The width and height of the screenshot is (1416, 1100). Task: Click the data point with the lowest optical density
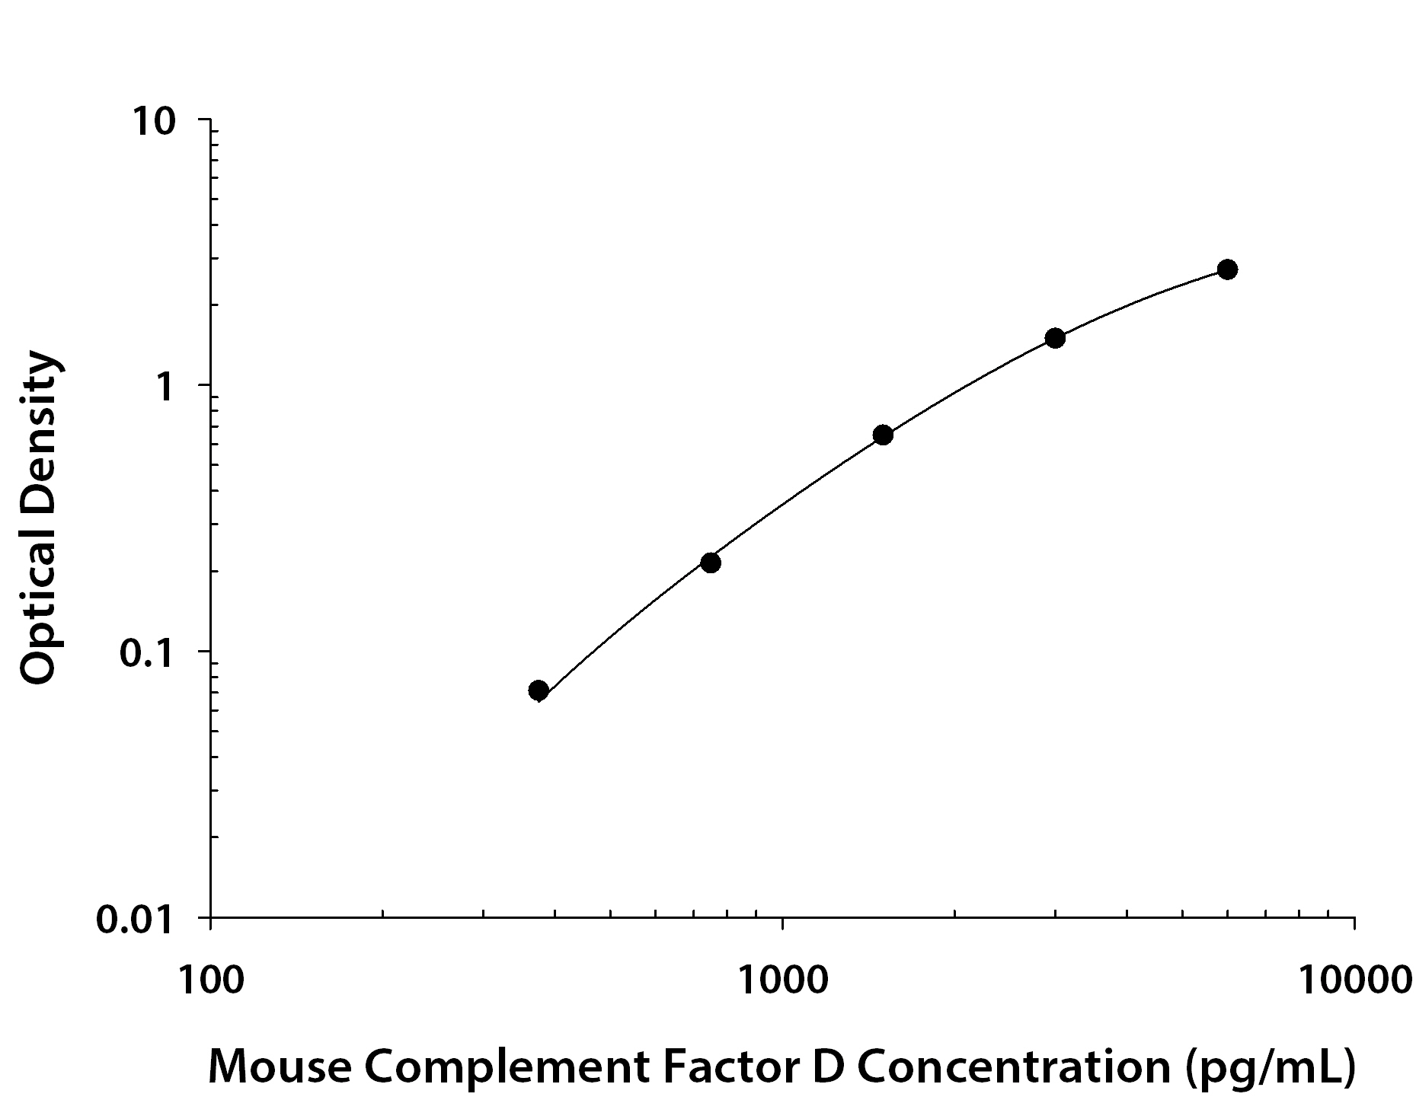[x=539, y=690]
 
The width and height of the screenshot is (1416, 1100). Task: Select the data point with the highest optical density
[x=1227, y=269]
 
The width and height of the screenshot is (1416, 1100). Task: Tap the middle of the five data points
[x=883, y=435]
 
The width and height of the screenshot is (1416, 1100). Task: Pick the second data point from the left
[x=711, y=563]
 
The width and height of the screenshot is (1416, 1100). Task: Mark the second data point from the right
[x=1055, y=338]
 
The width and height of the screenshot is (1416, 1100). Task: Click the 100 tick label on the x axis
[x=210, y=980]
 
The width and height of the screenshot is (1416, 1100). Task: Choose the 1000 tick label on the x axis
[x=782, y=980]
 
